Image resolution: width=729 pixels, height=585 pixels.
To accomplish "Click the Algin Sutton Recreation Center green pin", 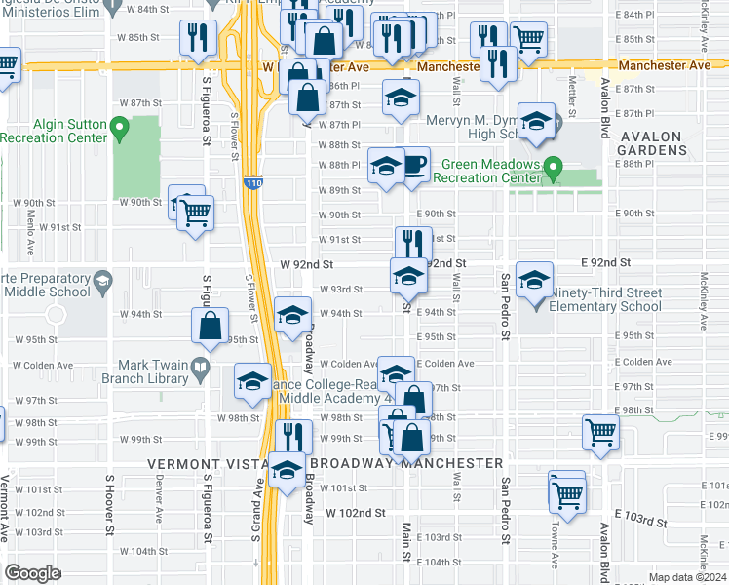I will (120, 127).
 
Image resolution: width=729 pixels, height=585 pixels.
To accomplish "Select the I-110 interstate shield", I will (251, 183).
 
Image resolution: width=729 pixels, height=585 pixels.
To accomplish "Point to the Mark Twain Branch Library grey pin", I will (201, 368).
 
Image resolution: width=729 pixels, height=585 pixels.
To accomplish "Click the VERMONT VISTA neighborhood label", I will (206, 463).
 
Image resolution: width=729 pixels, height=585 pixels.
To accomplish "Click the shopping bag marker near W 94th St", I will (210, 327).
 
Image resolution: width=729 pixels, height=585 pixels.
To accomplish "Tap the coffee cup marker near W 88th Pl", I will (413, 164).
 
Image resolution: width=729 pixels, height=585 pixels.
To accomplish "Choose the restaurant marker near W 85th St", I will (199, 38).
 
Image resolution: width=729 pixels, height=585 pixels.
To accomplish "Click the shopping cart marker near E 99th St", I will (600, 432).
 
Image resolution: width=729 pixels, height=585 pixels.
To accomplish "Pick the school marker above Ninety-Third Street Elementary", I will (534, 281).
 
